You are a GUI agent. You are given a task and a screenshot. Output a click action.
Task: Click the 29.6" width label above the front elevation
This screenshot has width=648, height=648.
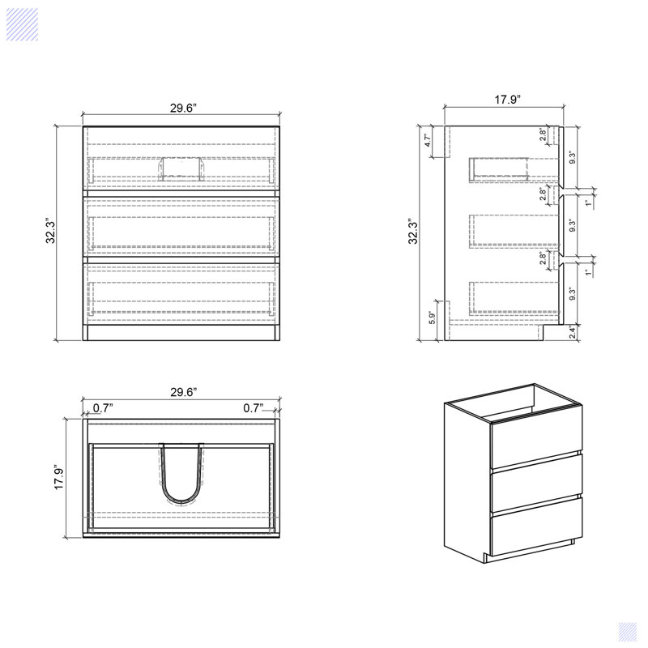(x=183, y=109)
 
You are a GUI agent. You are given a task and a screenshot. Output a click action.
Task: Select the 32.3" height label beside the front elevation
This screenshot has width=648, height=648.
(x=50, y=231)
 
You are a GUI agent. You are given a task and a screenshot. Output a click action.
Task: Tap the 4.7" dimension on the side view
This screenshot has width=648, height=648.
(x=428, y=140)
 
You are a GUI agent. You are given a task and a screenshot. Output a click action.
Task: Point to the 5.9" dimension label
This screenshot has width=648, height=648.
(x=432, y=318)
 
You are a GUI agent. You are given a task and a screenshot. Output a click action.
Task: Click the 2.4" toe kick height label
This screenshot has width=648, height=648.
(x=573, y=332)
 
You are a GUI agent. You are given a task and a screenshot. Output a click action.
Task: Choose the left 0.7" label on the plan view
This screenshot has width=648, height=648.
(x=103, y=408)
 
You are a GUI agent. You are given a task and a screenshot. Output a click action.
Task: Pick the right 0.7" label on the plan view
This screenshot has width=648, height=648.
(x=253, y=408)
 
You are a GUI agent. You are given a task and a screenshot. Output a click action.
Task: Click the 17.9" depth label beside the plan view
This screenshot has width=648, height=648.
(x=59, y=478)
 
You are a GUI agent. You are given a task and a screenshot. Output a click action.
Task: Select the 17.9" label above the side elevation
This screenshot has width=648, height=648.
(x=508, y=100)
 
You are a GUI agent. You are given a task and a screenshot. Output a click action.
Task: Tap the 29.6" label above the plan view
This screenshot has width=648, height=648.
(x=184, y=392)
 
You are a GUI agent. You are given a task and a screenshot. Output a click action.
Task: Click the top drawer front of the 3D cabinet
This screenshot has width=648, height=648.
(x=536, y=438)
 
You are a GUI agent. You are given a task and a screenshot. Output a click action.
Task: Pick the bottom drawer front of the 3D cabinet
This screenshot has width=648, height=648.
(x=536, y=526)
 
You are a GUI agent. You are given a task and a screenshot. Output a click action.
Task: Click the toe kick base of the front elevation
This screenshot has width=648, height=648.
(x=181, y=333)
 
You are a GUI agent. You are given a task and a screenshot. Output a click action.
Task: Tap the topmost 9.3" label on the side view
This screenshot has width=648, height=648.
(x=573, y=157)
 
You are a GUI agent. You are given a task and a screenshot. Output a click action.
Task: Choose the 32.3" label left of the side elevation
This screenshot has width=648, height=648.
(x=413, y=232)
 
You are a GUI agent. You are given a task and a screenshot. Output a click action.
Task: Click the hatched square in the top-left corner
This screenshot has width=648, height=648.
(x=23, y=25)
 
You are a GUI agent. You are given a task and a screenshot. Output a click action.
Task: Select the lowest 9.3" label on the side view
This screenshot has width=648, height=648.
(x=573, y=294)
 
